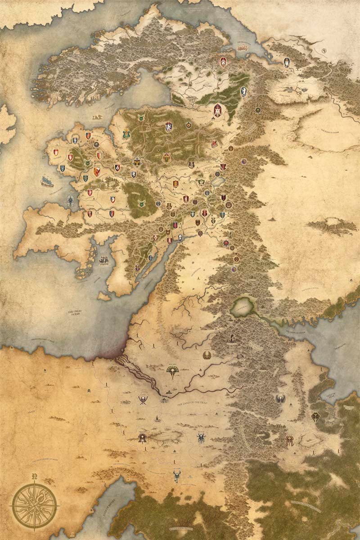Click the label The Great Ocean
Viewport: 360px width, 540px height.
(76, 313)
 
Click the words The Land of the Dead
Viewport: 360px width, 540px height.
(196, 404)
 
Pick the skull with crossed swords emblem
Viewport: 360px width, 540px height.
(143, 400)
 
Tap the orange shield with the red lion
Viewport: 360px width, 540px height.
(96, 171)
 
